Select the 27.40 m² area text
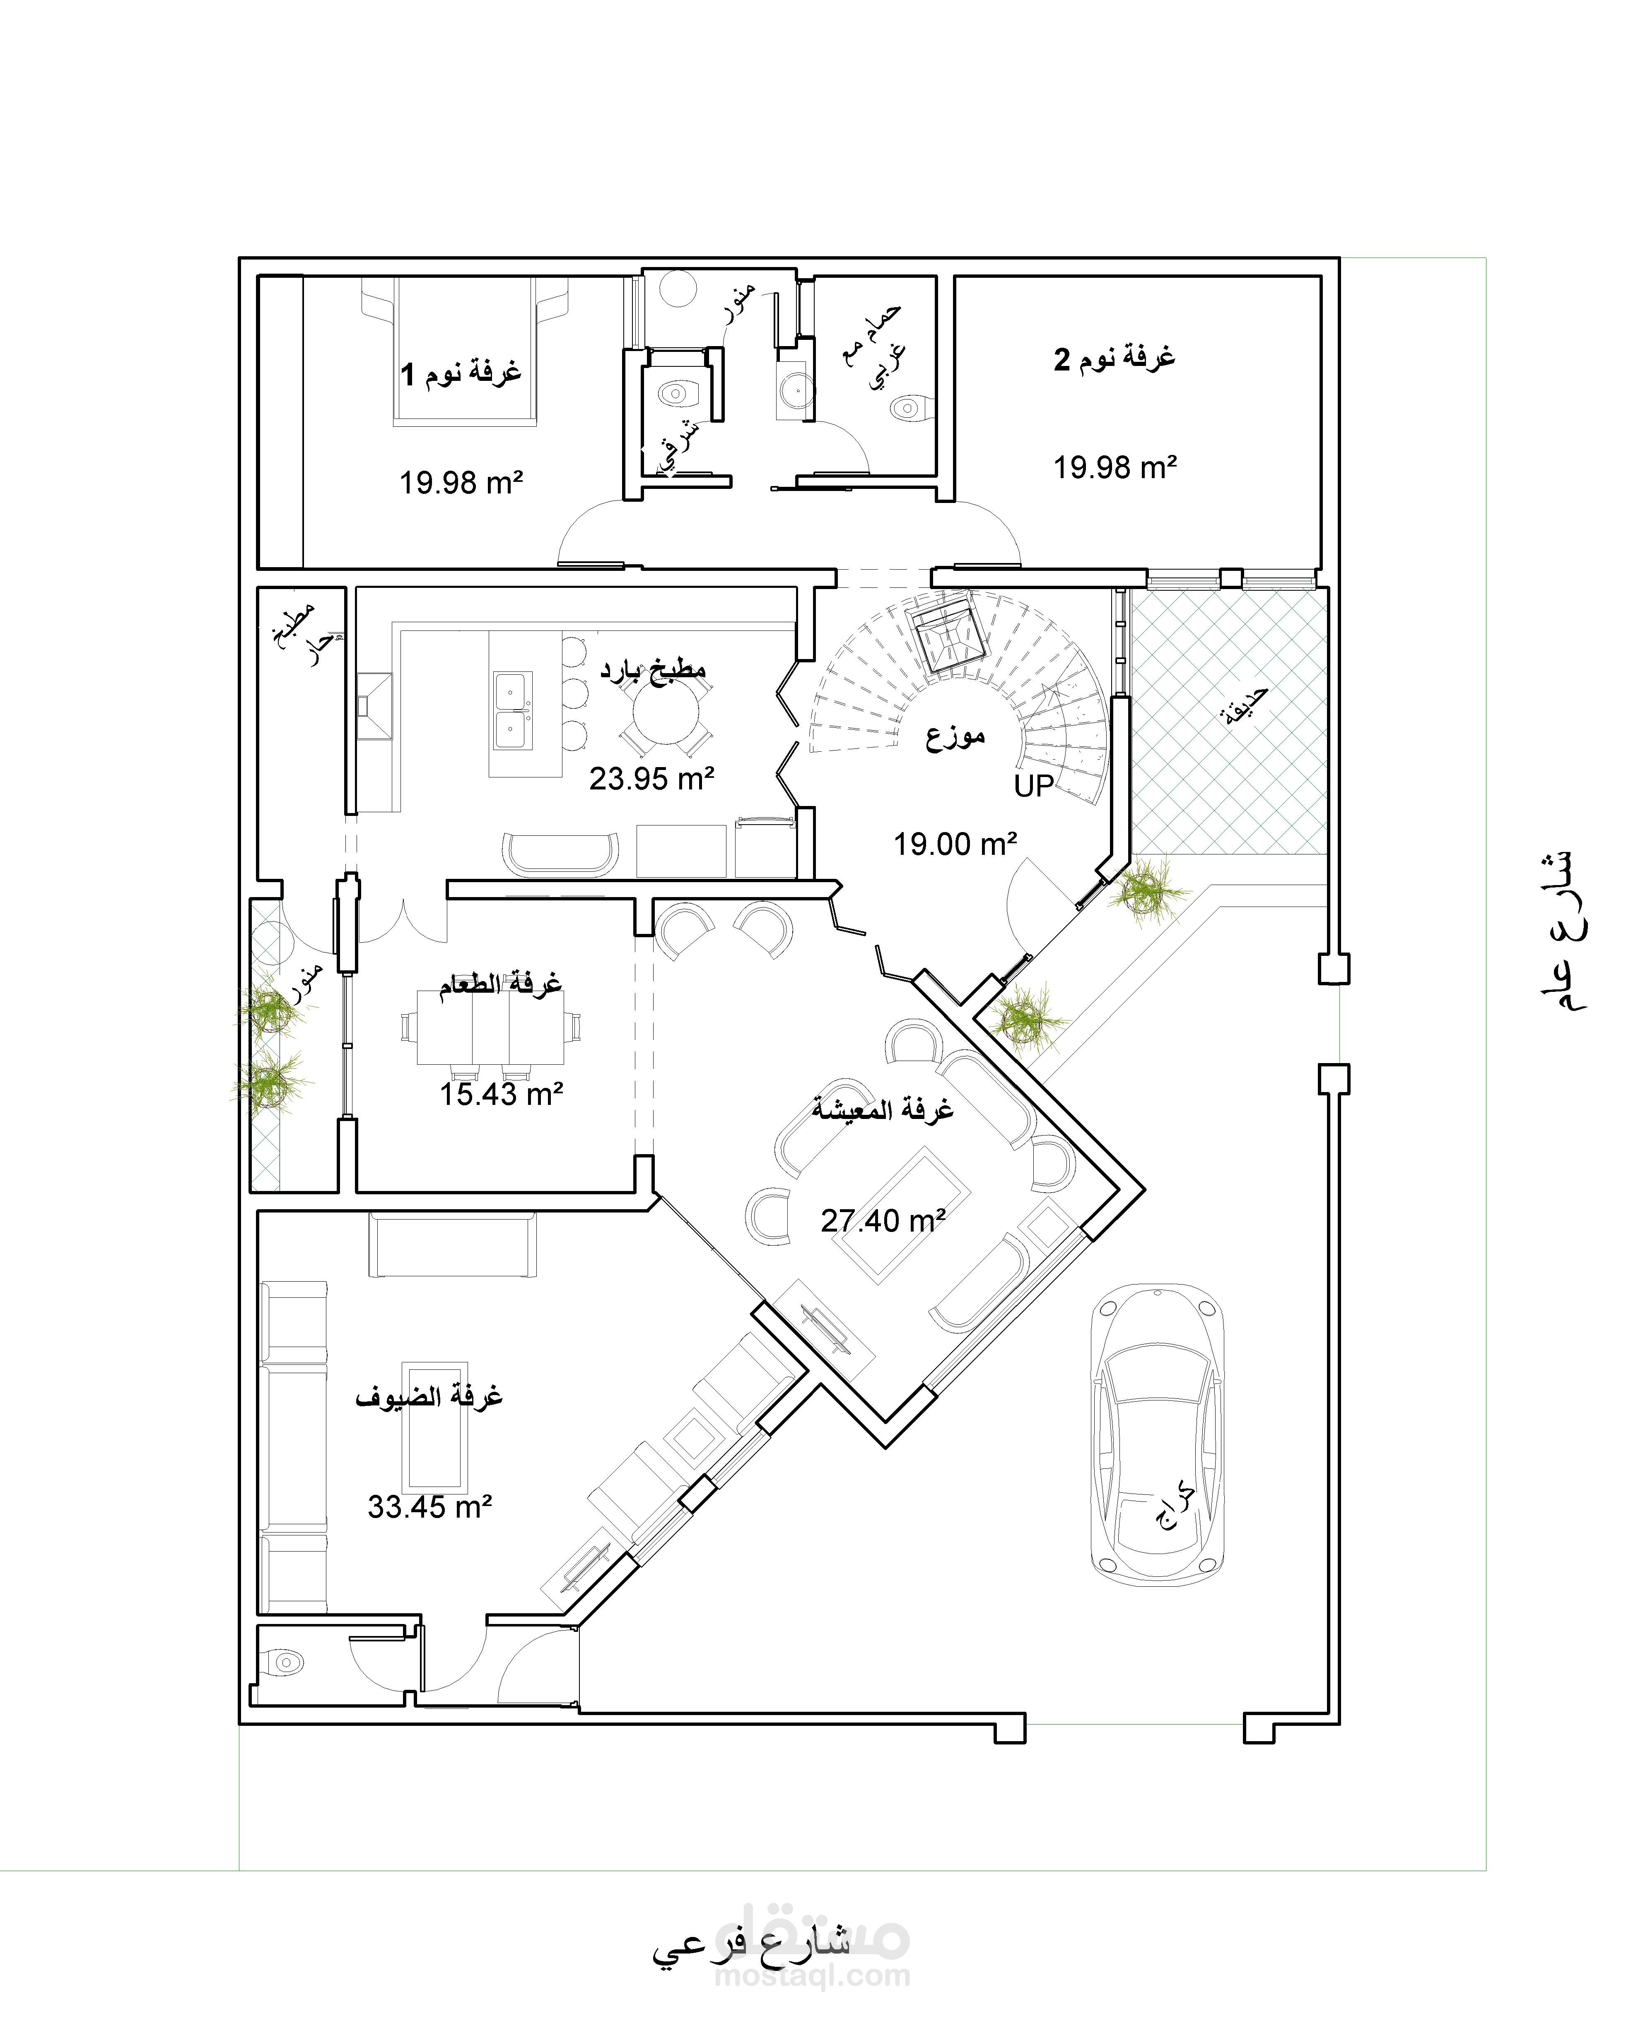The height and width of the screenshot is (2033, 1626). pyautogui.click(x=883, y=1221)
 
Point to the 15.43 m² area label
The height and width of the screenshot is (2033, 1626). pyautogui.click(x=501, y=1094)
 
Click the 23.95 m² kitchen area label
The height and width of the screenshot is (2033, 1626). pyautogui.click(x=652, y=779)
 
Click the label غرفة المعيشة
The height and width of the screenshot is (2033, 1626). pyautogui.click(x=883, y=1109)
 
